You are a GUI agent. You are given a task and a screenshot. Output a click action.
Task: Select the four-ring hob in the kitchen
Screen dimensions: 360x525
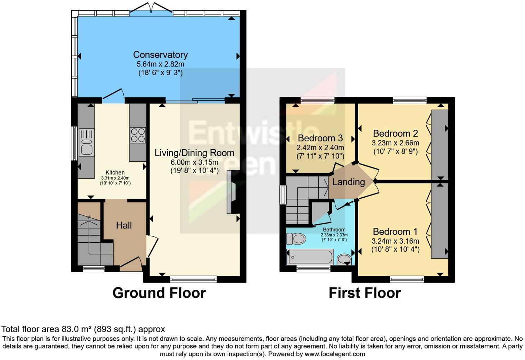[137, 135]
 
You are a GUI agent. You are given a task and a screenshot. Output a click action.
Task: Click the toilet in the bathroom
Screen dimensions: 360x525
[296, 238]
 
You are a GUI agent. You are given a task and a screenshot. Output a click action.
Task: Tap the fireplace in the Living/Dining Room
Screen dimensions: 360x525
[231, 192]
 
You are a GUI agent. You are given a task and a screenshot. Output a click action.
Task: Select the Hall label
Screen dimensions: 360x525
[124, 225]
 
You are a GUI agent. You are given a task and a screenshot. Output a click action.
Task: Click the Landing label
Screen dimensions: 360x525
[348, 182]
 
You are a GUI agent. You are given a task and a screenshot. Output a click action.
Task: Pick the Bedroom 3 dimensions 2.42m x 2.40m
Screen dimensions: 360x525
[320, 147]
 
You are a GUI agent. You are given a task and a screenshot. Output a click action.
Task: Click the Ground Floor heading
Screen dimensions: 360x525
[159, 293]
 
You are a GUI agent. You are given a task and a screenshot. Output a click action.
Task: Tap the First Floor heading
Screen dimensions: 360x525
[364, 293]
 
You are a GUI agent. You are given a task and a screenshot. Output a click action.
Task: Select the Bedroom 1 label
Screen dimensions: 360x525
[395, 232]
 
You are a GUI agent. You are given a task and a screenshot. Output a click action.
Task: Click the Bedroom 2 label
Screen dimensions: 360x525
[395, 133]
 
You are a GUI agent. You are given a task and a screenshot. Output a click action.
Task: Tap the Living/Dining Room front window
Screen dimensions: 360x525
[193, 279]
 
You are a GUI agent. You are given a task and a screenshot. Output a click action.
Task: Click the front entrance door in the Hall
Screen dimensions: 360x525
[131, 264]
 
